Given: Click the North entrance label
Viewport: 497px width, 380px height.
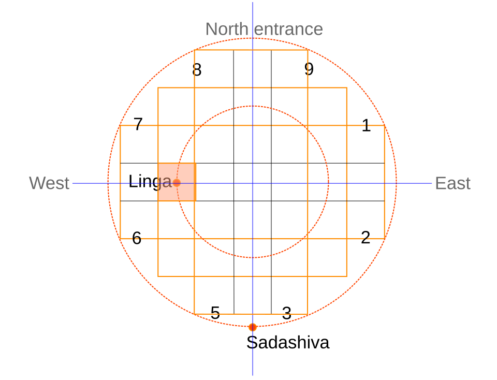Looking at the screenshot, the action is click(264, 29).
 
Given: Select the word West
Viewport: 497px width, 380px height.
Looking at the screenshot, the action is click(49, 183).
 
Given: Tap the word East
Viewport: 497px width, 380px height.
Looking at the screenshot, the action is click(452, 183).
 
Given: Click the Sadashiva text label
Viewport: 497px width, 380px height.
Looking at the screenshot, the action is click(288, 343).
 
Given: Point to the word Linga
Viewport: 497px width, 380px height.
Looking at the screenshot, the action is click(150, 182).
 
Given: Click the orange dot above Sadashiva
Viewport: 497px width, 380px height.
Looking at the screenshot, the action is click(253, 327).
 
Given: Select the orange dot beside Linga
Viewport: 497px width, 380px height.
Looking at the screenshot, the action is click(177, 183).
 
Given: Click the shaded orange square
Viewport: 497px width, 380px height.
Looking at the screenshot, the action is click(177, 182).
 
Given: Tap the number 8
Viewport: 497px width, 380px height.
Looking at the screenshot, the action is click(197, 70).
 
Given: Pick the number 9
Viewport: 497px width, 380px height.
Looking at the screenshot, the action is click(309, 69).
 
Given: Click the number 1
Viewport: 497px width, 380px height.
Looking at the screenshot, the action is click(366, 125).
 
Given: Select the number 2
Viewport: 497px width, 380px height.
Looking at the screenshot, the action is click(366, 238).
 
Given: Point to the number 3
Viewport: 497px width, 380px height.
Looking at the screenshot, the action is click(286, 313).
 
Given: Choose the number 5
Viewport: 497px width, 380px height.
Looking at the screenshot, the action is click(215, 313).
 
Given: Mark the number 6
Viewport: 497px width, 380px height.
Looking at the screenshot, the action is click(137, 238).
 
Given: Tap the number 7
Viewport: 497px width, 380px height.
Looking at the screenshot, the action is click(138, 124).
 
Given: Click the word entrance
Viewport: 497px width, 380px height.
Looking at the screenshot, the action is click(288, 29).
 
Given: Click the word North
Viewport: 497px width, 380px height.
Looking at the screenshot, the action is click(227, 29).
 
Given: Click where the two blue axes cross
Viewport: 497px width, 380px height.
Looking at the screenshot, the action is click(253, 183).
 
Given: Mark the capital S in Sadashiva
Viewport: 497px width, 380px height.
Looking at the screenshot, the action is click(252, 343).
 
